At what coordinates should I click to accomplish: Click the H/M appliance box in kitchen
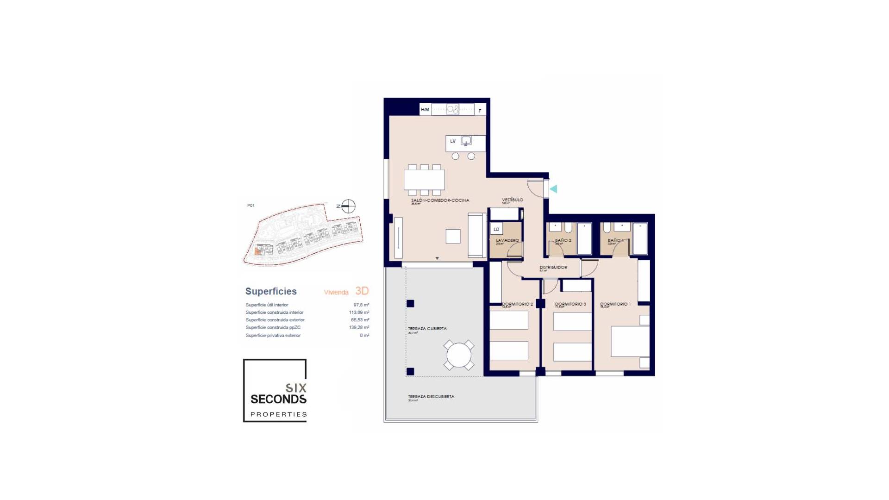coord(425,110)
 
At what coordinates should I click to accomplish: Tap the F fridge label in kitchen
coord(480,111)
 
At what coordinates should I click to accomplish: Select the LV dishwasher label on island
coord(453,141)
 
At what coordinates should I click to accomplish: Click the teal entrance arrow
coord(553,189)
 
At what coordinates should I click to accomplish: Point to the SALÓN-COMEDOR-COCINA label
coord(440,200)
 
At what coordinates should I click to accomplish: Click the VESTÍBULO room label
coord(513,200)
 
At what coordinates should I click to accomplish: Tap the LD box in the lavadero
coord(496,229)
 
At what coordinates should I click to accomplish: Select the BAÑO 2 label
coord(563,240)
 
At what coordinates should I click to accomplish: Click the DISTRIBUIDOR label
coord(553,267)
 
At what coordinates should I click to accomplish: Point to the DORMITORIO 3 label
coord(570,304)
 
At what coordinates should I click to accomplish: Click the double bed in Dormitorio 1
coord(630,342)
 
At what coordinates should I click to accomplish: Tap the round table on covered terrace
coord(459,355)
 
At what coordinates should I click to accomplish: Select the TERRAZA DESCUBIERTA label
coord(431,396)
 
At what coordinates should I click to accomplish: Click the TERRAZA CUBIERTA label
coord(427,328)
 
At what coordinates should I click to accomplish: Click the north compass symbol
coord(348,206)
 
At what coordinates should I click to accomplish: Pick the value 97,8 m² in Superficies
coord(361,305)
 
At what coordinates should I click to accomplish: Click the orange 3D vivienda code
coord(362,291)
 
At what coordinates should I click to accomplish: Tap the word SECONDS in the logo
coord(278,399)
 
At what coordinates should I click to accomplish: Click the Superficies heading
coord(271,291)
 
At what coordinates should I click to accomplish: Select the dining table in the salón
coord(424,180)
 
